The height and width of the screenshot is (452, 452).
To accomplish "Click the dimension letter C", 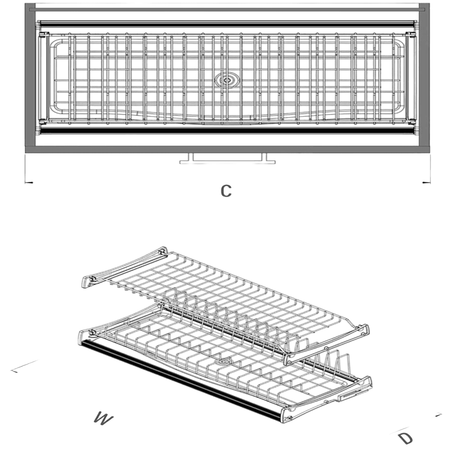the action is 226,190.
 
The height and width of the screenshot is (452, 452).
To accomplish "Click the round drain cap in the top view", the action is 226,80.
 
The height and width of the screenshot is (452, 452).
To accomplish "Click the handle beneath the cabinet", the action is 227,159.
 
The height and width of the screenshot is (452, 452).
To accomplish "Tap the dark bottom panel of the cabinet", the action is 227,149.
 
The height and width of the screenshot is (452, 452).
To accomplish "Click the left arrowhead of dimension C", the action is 29,182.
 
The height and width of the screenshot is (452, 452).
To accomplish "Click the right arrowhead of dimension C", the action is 426,182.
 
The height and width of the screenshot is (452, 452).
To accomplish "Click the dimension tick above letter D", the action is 438,415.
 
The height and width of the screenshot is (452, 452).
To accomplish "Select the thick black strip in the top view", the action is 227,131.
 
